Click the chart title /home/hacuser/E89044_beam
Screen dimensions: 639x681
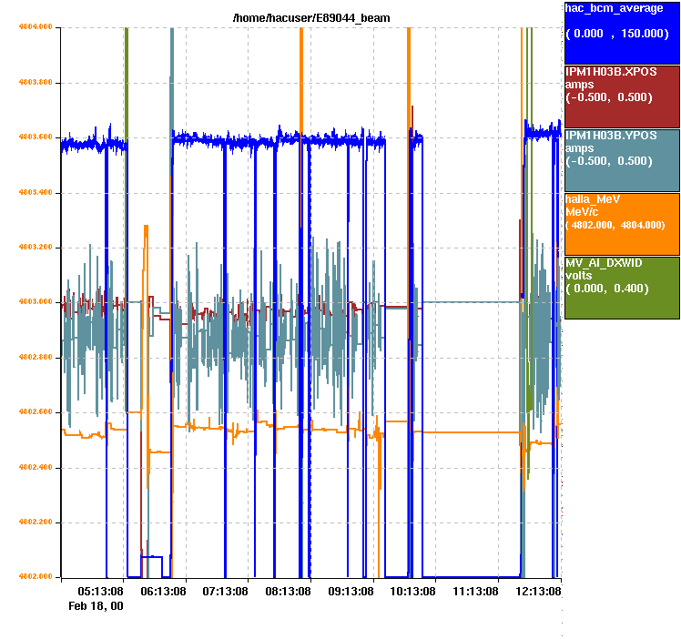pyautogui.click(x=311, y=18)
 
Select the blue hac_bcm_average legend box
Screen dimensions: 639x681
pyautogui.click(x=622, y=32)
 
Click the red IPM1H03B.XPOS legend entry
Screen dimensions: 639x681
pyautogui.click(x=622, y=96)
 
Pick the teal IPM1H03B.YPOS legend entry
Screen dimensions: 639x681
pyautogui.click(x=622, y=159)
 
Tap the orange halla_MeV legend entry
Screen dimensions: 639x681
pyautogui.click(x=622, y=223)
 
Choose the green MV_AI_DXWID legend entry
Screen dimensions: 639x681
pyautogui.click(x=622, y=287)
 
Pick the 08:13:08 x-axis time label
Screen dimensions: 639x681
pyautogui.click(x=288, y=592)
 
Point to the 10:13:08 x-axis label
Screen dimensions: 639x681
pyautogui.click(x=412, y=592)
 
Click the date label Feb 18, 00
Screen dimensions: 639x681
pyautogui.click(x=97, y=606)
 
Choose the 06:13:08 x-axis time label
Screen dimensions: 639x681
pyautogui.click(x=163, y=592)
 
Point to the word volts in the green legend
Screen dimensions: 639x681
pyautogui.click(x=580, y=275)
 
